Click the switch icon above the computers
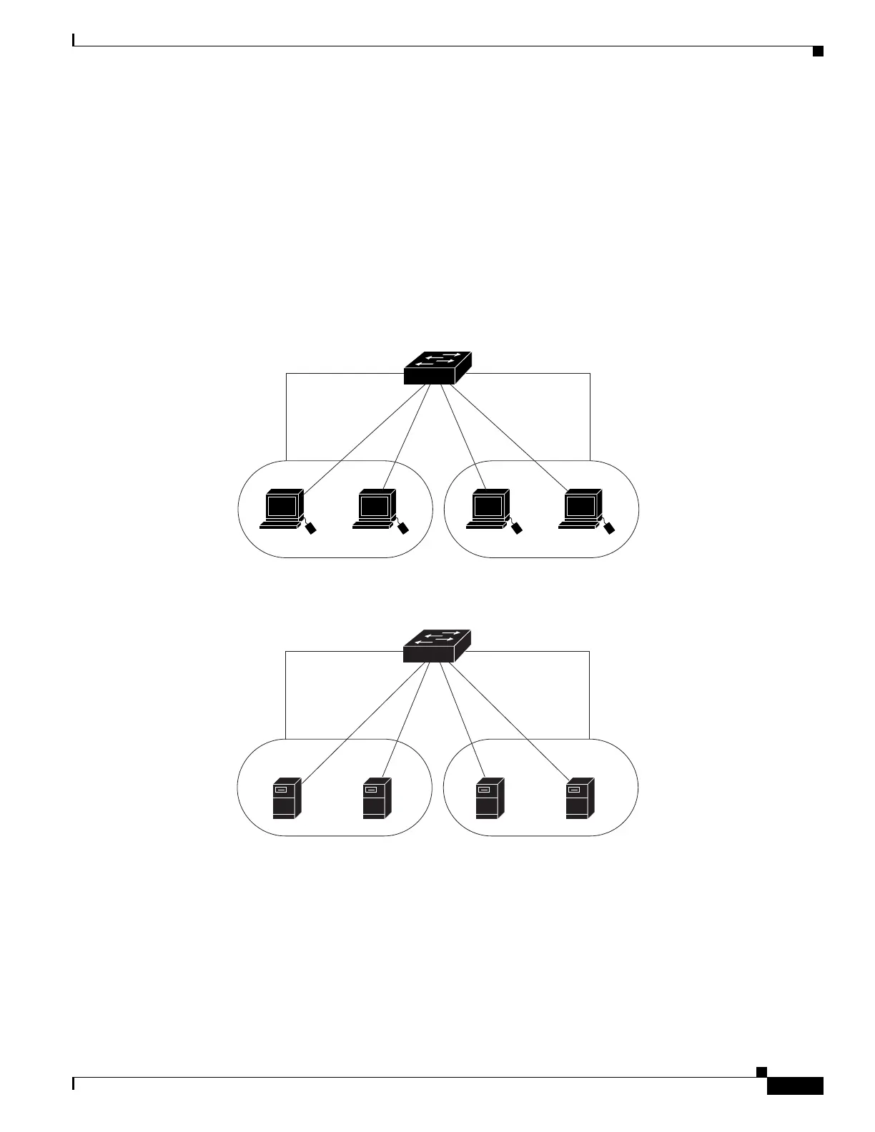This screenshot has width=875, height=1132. pyautogui.click(x=437, y=369)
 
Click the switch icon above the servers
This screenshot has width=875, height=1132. pyautogui.click(x=437, y=647)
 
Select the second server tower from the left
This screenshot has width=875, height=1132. pyautogui.click(x=376, y=798)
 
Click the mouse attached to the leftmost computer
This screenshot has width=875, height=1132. pyautogui.click(x=311, y=528)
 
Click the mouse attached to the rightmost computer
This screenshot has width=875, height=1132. pyautogui.click(x=609, y=528)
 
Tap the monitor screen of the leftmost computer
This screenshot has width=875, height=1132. pyautogui.click(x=282, y=506)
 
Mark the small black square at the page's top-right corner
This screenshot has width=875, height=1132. pyautogui.click(x=818, y=51)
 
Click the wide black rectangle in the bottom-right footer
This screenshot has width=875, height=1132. pyautogui.click(x=795, y=1086)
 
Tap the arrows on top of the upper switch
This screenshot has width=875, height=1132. pyautogui.click(x=436, y=359)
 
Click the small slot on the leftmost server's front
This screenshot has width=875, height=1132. pyautogui.click(x=281, y=790)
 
